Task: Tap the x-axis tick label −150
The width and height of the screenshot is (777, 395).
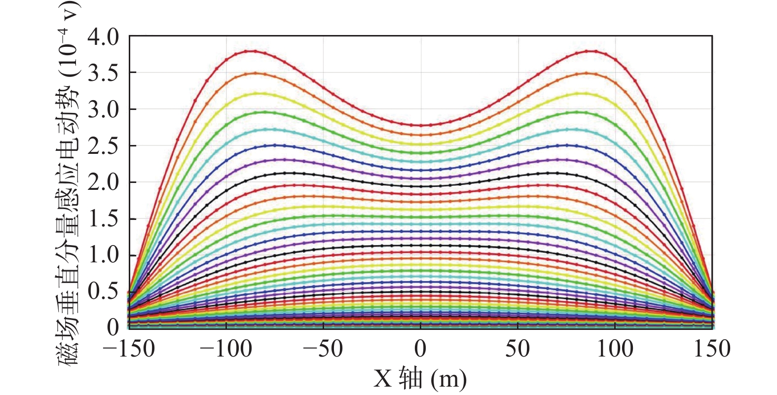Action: pos(129,349)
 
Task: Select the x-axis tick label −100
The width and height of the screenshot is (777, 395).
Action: pos(226,349)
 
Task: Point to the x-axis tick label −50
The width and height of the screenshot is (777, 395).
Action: pos(323,349)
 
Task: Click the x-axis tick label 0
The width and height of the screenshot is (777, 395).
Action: pos(420,349)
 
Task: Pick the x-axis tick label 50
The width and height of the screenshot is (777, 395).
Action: pos(518,349)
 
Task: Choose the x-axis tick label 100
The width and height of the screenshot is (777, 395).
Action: pos(615,349)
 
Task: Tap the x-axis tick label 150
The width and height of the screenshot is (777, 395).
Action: pos(712,349)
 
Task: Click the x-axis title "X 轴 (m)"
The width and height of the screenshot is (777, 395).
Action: pos(420,379)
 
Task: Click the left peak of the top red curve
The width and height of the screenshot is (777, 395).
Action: pos(254,51)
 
